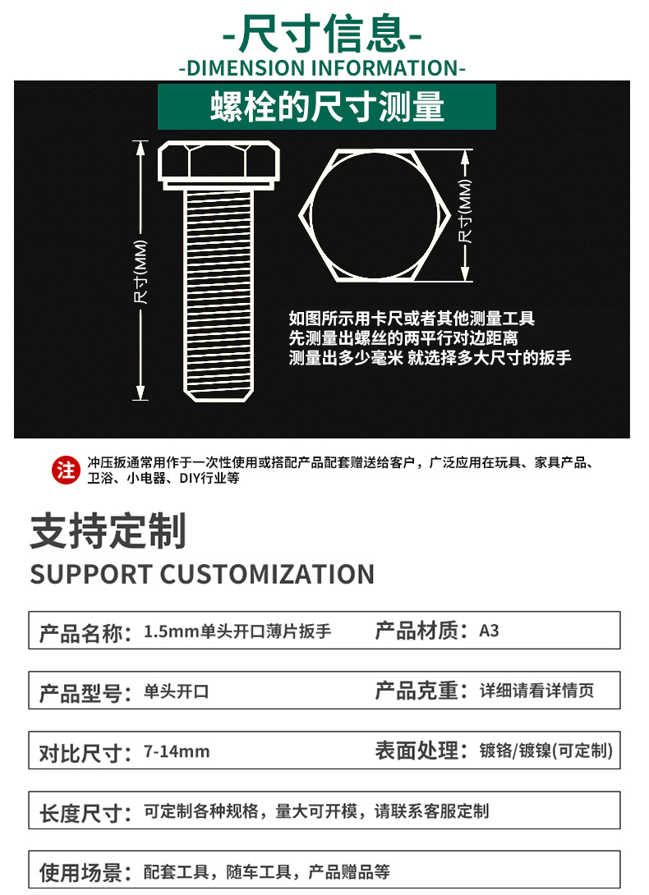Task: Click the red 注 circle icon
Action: pos(66,470)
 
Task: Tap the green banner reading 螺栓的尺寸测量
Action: pos(327,107)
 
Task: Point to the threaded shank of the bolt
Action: pos(219,287)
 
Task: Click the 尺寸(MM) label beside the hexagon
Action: pos(466,211)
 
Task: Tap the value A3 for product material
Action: pos(489,631)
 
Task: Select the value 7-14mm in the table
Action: pos(177,751)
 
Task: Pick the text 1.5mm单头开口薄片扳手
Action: pos(237,631)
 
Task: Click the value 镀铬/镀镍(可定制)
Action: pos(546,750)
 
